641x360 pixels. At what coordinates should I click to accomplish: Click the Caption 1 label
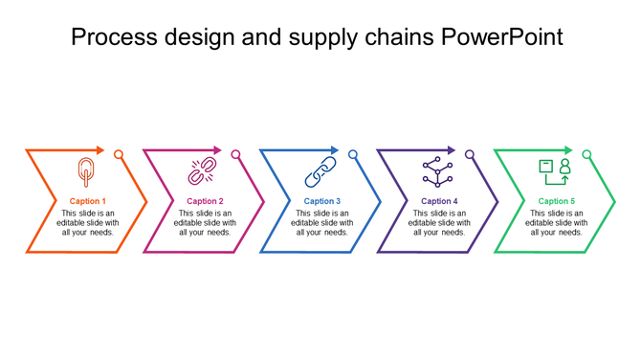click(88, 201)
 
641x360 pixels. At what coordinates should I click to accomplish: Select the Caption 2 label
click(205, 201)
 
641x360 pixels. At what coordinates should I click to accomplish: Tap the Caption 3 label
click(322, 201)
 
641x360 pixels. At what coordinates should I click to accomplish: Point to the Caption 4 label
click(439, 201)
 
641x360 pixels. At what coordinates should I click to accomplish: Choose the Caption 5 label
click(557, 201)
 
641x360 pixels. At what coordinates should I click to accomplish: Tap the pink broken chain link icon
click(201, 172)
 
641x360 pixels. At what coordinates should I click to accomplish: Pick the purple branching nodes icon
click(438, 171)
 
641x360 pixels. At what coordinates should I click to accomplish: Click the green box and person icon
click(555, 171)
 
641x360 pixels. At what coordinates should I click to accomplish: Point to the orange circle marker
click(119, 154)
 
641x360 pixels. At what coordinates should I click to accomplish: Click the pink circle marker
click(236, 154)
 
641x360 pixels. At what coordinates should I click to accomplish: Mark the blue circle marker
click(353, 154)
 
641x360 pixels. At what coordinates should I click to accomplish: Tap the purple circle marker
click(470, 154)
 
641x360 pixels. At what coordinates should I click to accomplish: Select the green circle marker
click(586, 154)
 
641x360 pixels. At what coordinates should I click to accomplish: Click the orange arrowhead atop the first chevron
click(100, 150)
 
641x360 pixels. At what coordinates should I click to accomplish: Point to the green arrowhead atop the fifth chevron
click(568, 150)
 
